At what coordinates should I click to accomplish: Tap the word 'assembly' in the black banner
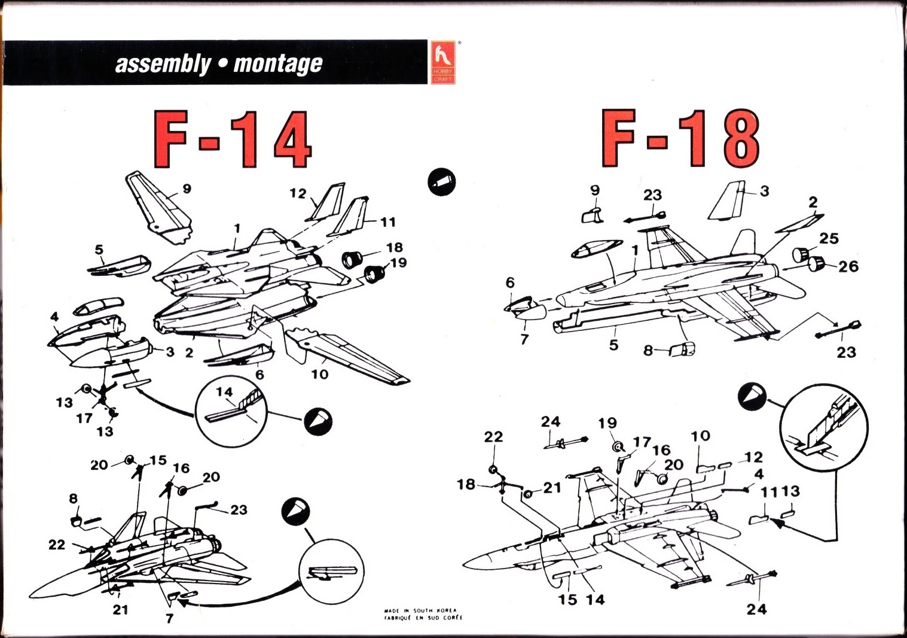click(163, 63)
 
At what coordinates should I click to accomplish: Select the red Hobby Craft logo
click(442, 62)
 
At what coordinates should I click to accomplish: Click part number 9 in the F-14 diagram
click(187, 189)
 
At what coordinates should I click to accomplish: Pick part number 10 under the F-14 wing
click(320, 374)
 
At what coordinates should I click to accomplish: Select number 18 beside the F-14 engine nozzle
click(394, 247)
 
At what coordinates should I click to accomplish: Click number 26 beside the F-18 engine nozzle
click(848, 266)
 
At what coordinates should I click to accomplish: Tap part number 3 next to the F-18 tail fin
click(764, 191)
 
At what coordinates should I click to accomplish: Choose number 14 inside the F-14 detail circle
click(224, 392)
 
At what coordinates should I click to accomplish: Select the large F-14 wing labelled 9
click(158, 206)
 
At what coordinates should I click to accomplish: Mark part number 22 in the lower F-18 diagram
click(493, 437)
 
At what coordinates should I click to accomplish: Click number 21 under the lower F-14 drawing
click(120, 610)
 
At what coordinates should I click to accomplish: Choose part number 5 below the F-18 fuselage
click(613, 345)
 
